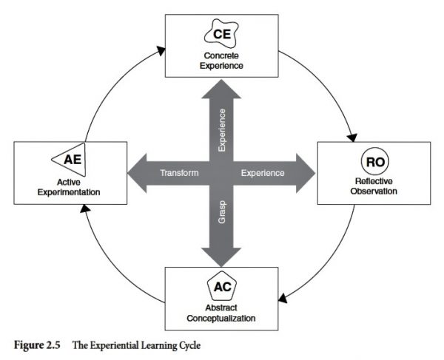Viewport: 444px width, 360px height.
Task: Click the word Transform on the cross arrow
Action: coord(180,173)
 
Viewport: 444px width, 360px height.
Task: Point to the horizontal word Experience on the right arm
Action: coord(263,173)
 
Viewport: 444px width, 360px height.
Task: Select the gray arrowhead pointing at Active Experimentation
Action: coord(138,173)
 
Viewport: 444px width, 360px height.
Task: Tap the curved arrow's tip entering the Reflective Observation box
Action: coord(352,138)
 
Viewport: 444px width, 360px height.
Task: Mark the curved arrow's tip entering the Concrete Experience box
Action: coord(161,51)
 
